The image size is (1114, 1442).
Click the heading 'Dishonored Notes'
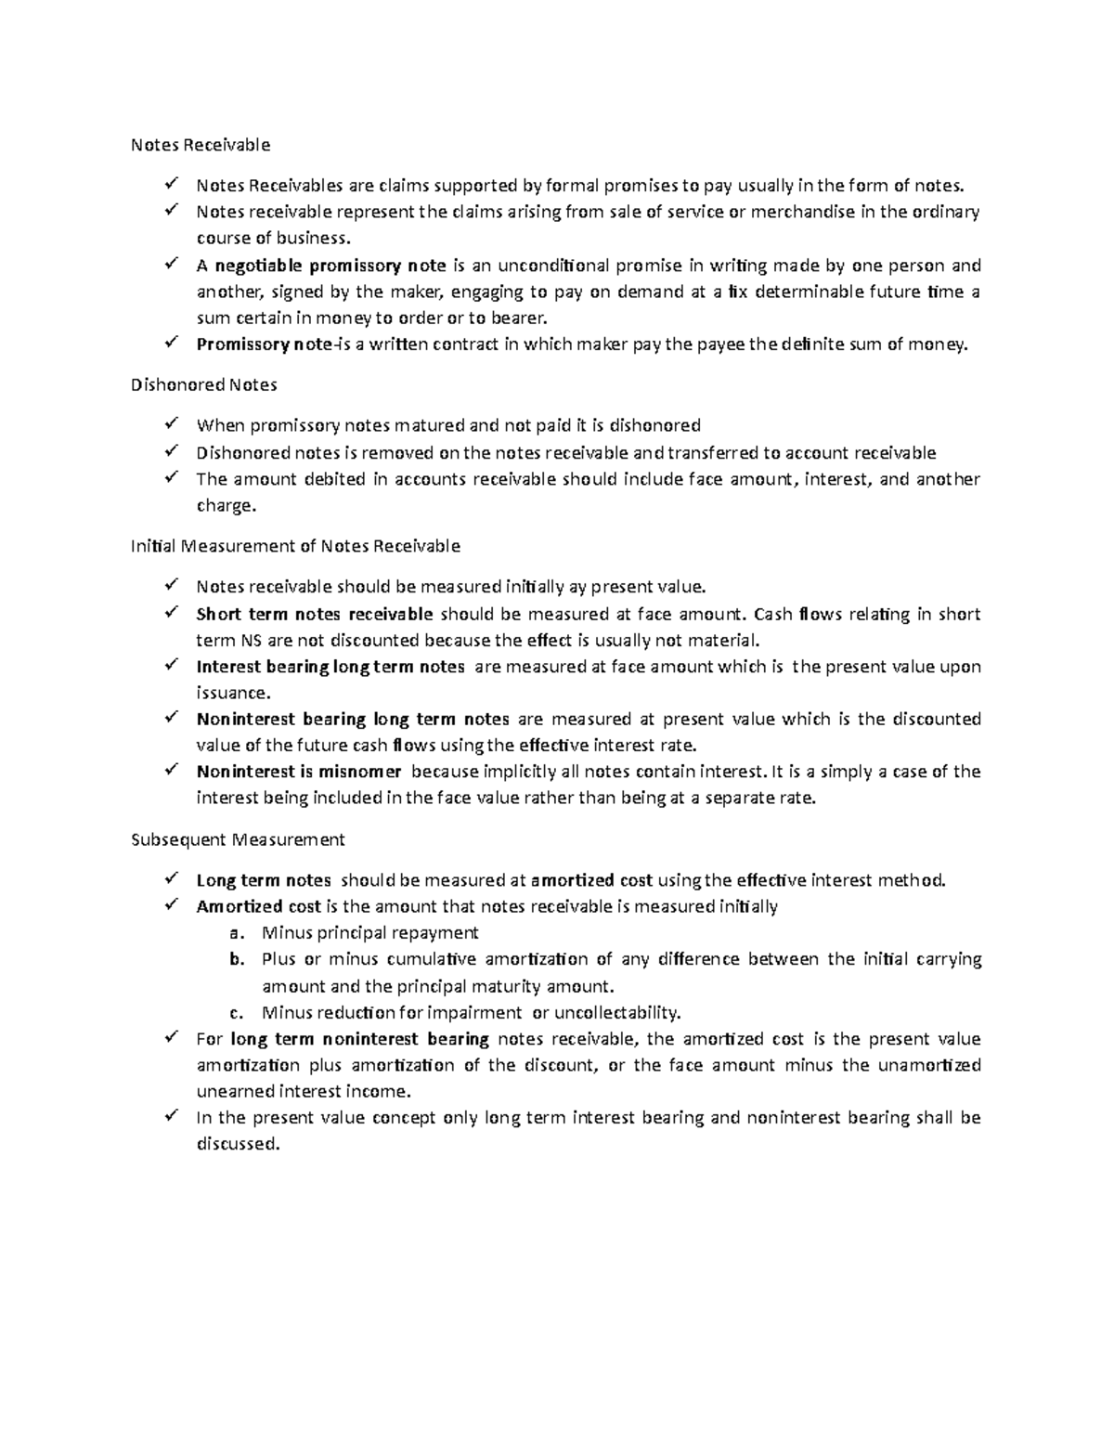[204, 384]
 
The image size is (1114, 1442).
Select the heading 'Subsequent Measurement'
[238, 839]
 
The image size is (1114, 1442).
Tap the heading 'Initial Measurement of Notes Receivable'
[295, 546]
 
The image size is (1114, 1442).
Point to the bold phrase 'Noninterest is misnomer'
[299, 772]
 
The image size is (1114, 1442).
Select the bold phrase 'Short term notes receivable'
[315, 614]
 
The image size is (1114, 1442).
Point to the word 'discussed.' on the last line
[238, 1144]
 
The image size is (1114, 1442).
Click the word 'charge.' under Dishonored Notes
[225, 506]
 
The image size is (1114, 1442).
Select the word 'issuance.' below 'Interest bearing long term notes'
[234, 693]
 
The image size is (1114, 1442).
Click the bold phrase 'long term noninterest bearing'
[359, 1039]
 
